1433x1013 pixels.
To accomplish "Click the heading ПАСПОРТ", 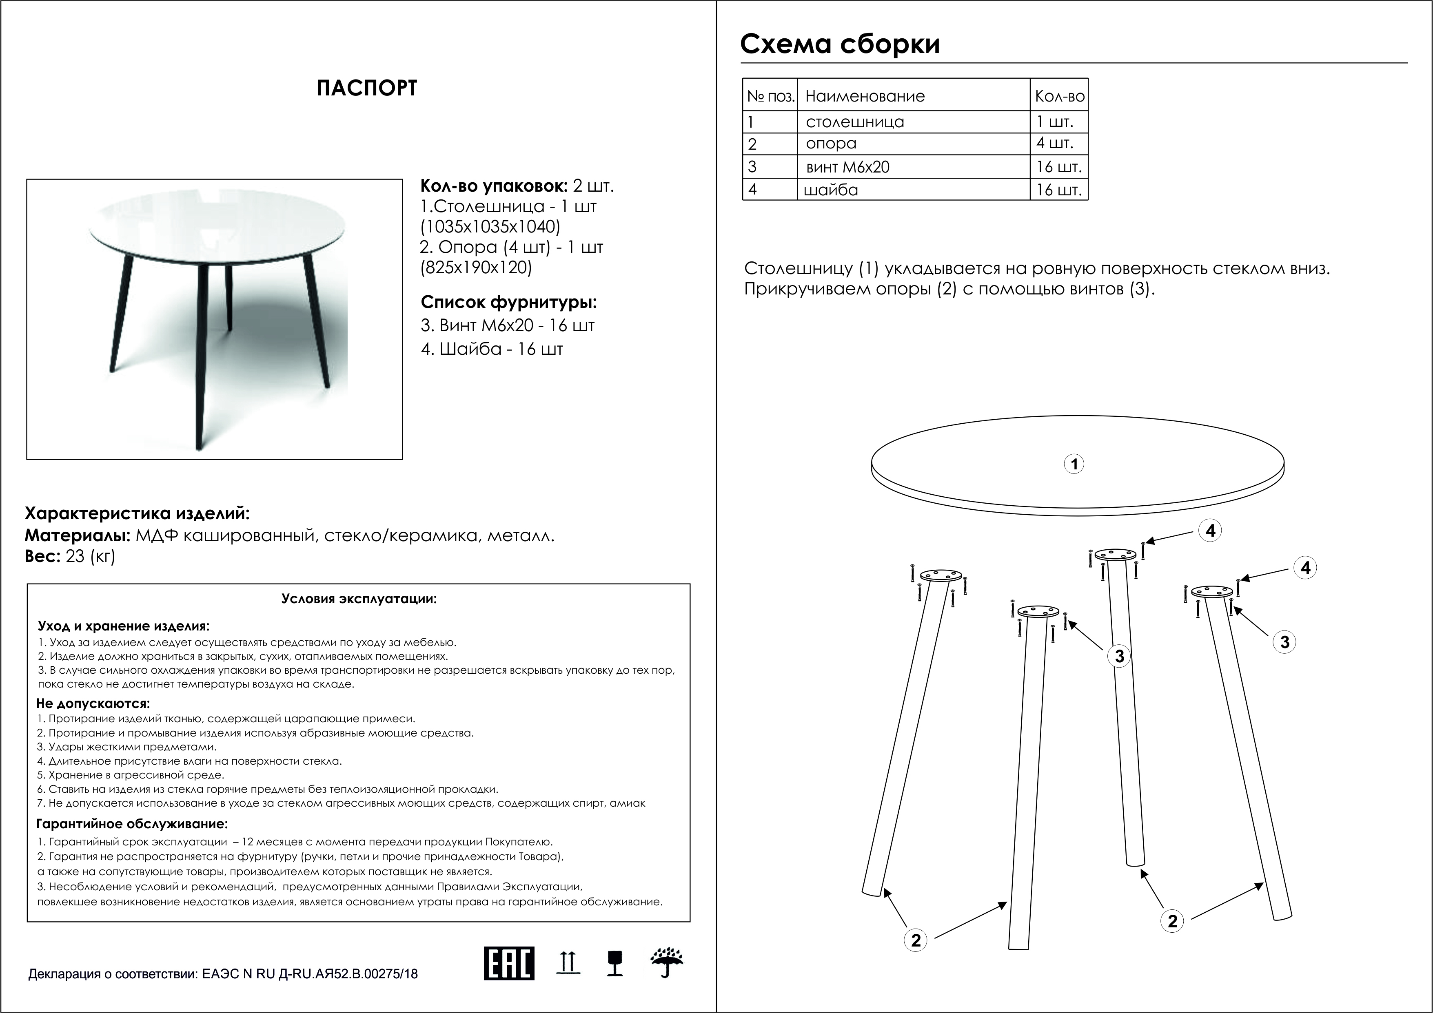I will pyautogui.click(x=366, y=88).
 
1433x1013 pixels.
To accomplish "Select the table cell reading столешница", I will pyautogui.click(x=854, y=122).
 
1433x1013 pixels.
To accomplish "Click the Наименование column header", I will pyautogui.click(x=865, y=96).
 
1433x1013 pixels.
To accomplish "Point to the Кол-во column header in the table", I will pyautogui.click(x=1059, y=96).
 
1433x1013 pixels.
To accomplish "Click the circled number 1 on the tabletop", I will pyautogui.click(x=1074, y=464).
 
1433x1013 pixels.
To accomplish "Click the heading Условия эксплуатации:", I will pyautogui.click(x=359, y=599).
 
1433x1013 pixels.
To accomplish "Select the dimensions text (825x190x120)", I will pyautogui.click(x=476, y=268).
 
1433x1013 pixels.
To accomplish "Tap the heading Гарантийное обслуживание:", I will pyautogui.click(x=132, y=824).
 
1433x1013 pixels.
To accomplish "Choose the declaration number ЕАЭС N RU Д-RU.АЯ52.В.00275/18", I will pyautogui.click(x=310, y=974).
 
